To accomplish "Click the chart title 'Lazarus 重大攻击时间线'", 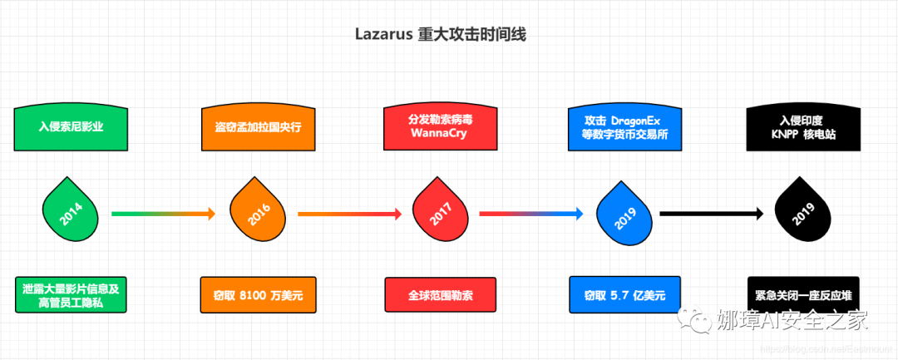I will coord(441,35).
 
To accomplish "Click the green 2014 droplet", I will coord(71,215).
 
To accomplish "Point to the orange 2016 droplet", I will coord(256,215).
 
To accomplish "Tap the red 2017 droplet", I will coord(441,215).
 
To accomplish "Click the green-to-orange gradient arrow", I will coord(163,215).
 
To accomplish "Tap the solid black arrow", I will coord(712,215).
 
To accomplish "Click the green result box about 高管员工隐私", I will coord(71,294).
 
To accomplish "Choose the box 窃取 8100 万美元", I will coord(256,294).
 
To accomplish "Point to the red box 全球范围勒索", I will coord(441,294).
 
